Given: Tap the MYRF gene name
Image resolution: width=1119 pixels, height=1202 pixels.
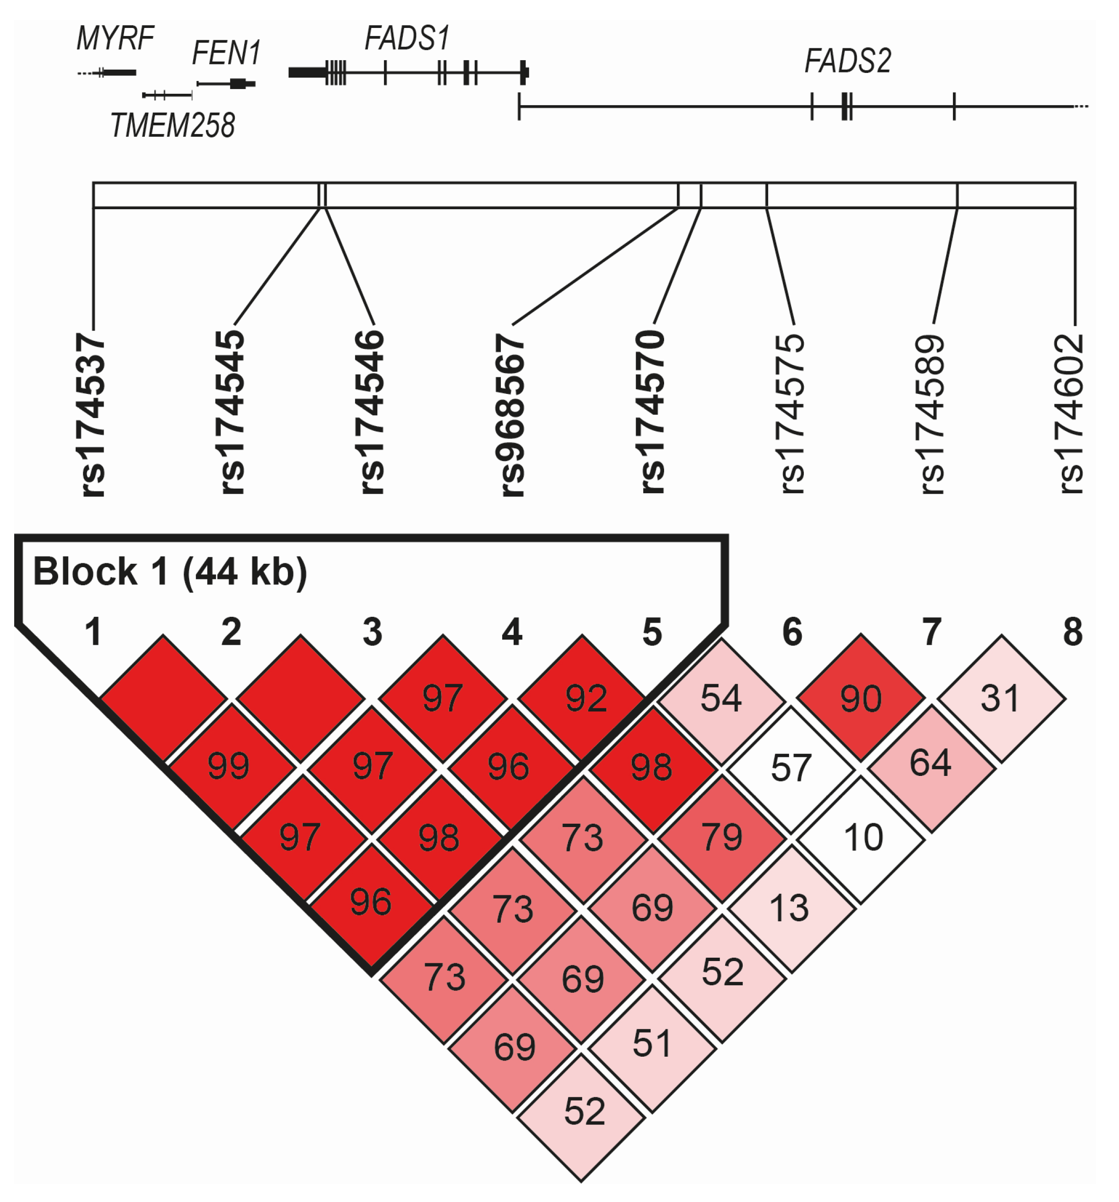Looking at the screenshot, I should (115, 39).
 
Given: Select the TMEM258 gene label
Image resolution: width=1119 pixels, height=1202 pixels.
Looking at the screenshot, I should (172, 126).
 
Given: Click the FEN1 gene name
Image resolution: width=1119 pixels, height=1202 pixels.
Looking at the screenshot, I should (226, 53).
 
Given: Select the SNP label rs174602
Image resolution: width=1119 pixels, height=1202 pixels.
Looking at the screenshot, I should (1072, 414).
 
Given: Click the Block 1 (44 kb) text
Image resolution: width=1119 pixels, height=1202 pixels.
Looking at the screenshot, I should (170, 571).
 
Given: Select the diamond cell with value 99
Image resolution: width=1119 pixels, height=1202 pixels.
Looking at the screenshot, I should (229, 766).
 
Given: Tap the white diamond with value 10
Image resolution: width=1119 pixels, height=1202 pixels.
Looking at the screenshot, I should (862, 838).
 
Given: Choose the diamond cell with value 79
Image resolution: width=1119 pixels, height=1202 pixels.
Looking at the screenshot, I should (722, 837).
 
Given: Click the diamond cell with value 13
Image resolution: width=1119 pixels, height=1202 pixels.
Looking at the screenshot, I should (790, 908).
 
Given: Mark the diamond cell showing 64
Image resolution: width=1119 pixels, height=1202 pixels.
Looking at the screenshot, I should (931, 763).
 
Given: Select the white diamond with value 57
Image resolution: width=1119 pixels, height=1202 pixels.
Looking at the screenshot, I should (791, 768).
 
